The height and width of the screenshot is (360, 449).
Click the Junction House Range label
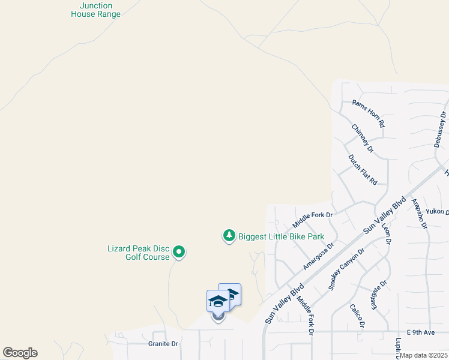pyautogui.click(x=95, y=10)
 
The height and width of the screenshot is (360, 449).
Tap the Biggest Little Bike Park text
pyautogui.click(x=282, y=236)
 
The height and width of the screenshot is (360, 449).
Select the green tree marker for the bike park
pyautogui.click(x=229, y=236)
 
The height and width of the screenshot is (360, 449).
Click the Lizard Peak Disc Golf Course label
pyautogui.click(x=139, y=253)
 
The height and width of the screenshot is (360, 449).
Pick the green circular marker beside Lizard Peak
pyautogui.click(x=179, y=253)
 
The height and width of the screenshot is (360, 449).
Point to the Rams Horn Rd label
pyautogui.click(x=368, y=113)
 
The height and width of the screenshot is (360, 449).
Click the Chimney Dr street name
pyautogui.click(x=363, y=138)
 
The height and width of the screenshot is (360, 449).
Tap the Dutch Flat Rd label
pyautogui.click(x=363, y=169)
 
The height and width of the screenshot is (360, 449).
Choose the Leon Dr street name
pyautogui.click(x=386, y=233)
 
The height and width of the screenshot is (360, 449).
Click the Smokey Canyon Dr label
pyautogui.click(x=346, y=269)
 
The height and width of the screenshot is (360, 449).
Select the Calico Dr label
pyautogui.click(x=357, y=316)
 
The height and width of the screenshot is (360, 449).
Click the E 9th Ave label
pyautogui.click(x=420, y=332)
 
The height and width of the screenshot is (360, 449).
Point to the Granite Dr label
pyautogui.click(x=163, y=344)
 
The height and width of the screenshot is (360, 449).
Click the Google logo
pyautogui.click(x=20, y=353)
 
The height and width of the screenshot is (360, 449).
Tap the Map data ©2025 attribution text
pyautogui.click(x=424, y=355)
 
